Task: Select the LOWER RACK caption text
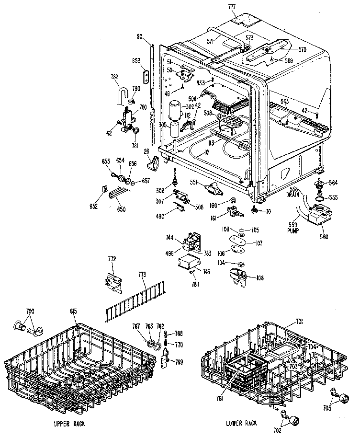[241, 423]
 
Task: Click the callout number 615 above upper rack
[73, 312]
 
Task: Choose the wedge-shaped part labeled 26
[154, 164]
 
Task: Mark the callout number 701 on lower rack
[287, 321]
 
